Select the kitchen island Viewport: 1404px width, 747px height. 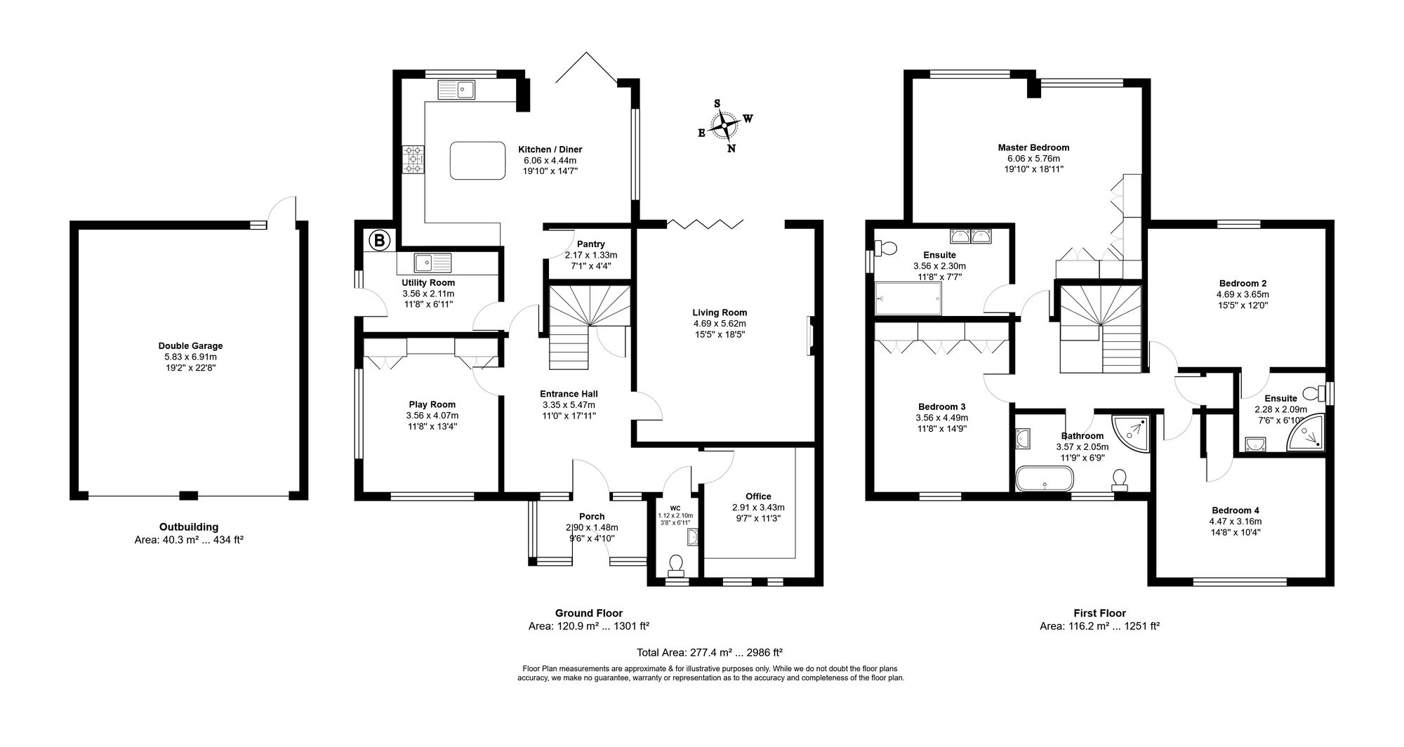click(477, 160)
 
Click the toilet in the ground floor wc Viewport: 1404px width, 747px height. click(677, 564)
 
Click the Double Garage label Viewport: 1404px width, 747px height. click(190, 346)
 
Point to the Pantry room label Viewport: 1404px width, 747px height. click(591, 244)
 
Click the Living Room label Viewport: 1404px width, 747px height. click(720, 312)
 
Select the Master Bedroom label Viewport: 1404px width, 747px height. click(1033, 147)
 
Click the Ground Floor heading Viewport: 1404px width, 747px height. click(589, 613)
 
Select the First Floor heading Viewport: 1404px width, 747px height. click(1099, 613)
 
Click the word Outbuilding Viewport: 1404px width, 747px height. click(189, 527)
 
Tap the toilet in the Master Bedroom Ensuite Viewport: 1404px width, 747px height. click(885, 248)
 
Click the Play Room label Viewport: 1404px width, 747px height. click(432, 404)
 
